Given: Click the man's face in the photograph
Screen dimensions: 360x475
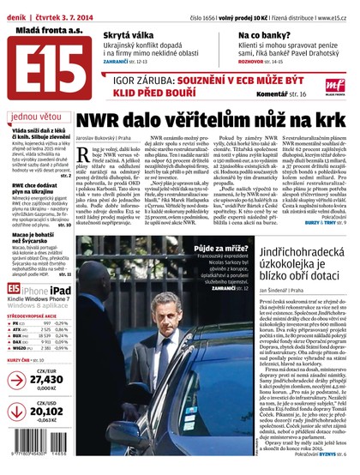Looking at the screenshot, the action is pyautogui.click(x=183, y=292).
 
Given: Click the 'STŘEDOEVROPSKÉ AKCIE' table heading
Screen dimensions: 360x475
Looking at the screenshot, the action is pyautogui.click(x=39, y=315).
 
